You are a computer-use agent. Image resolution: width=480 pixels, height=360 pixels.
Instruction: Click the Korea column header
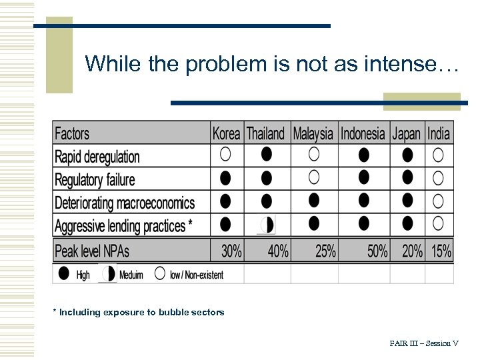point(226,133)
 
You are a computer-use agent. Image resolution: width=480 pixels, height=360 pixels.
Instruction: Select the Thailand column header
point(265,133)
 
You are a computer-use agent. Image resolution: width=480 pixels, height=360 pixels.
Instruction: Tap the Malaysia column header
point(313,133)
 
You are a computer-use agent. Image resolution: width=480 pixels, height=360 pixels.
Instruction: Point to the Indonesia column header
point(363,133)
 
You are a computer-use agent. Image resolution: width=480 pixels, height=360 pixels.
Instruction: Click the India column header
point(439,133)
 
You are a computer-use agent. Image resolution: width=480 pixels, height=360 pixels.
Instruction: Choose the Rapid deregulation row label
point(97,157)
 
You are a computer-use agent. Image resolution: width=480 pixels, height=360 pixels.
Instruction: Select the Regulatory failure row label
point(95,180)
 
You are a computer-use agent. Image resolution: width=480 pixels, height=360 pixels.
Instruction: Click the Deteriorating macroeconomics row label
point(125,203)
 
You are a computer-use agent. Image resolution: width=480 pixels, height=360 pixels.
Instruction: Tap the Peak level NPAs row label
point(92,251)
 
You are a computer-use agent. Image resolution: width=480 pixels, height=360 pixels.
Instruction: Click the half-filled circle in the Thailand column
point(267,225)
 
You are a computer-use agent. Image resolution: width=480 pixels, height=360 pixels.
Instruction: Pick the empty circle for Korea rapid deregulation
point(225,155)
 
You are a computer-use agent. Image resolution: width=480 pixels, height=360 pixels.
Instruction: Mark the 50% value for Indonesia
point(377,251)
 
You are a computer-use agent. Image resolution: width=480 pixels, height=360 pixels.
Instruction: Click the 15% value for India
point(441,251)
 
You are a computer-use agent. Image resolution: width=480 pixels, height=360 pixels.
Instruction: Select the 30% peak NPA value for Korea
point(231,251)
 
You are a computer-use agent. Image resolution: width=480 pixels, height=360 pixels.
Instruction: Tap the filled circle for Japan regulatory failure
point(407,177)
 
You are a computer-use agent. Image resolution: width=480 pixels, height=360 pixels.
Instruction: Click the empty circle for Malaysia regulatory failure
point(314,177)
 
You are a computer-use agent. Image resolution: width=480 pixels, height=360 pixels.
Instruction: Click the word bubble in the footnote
point(173,312)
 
